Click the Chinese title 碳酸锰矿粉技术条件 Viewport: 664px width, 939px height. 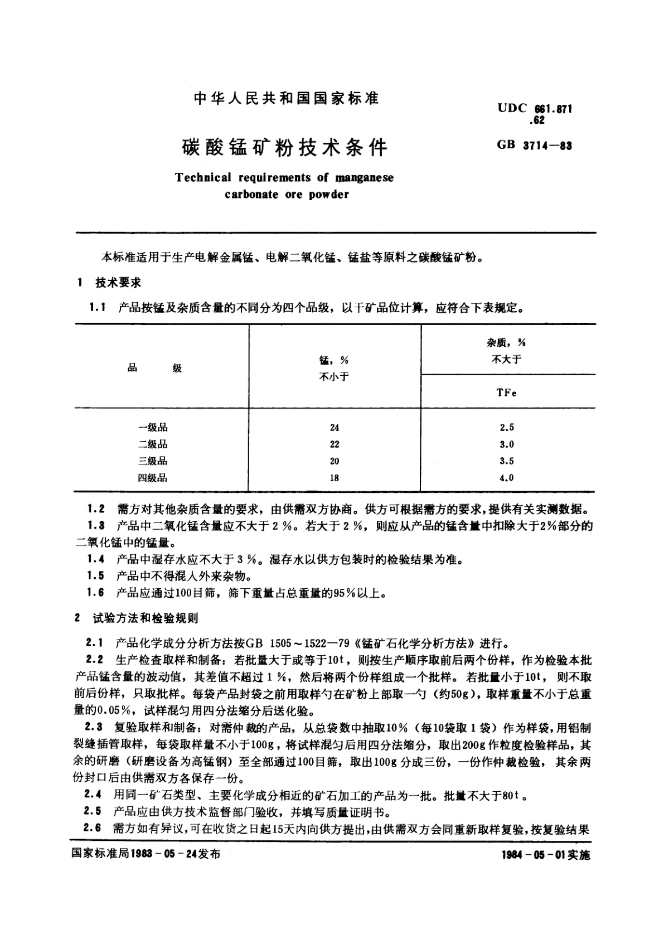click(284, 148)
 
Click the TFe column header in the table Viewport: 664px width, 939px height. click(506, 393)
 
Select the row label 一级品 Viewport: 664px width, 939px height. click(153, 428)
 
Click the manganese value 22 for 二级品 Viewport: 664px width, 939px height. click(334, 444)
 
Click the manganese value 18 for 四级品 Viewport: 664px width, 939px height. click(334, 478)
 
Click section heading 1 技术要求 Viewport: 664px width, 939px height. click(110, 283)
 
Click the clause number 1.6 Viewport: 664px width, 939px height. click(96, 592)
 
